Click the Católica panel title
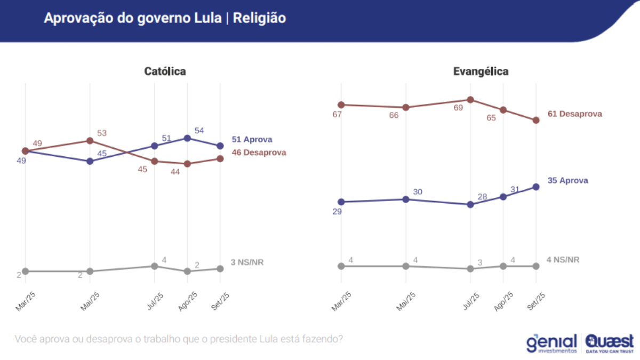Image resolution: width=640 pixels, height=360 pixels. [x=165, y=71]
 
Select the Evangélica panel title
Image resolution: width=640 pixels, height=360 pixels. [x=481, y=71]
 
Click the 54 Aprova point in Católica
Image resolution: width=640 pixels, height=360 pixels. [x=187, y=138]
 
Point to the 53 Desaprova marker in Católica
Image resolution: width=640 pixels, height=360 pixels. [x=90, y=141]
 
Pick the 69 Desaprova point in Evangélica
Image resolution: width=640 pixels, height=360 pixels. [x=470, y=100]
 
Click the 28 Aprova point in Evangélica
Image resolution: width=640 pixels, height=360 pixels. [x=470, y=204]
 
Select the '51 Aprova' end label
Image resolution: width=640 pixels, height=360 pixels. [x=252, y=140]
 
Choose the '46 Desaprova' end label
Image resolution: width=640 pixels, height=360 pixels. [x=259, y=153]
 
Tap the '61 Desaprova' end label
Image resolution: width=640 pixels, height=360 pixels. [x=574, y=114]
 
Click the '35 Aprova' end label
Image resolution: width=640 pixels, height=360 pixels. [x=567, y=181]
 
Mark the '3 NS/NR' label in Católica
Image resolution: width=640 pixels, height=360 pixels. [x=247, y=262]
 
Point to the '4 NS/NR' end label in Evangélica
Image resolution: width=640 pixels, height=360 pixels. [x=563, y=260]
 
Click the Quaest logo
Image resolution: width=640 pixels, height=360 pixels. [x=609, y=343]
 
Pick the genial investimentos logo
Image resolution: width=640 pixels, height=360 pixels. [x=551, y=343]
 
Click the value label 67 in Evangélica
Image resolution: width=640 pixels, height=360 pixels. [x=337, y=115]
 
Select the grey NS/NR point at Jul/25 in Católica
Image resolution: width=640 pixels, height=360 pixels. [x=155, y=266]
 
